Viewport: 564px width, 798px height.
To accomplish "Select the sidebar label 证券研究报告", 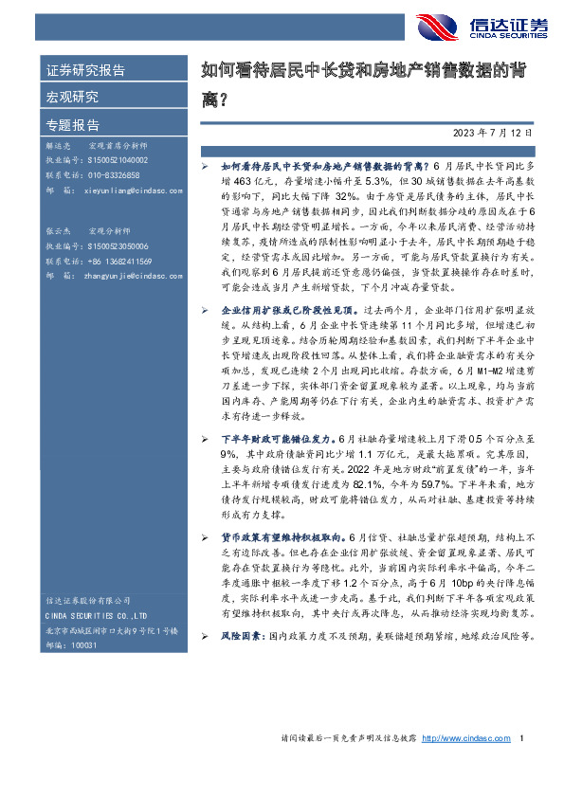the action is pos(86,71).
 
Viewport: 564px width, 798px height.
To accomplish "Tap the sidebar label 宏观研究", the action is pos(73,97).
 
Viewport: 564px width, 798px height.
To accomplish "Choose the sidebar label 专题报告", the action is pos(73,124).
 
